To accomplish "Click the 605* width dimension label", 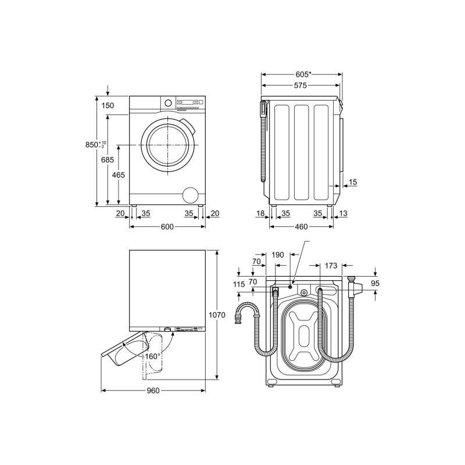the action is coord(303,74).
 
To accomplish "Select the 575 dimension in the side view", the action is coord(301,85).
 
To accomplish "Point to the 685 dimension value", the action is coord(108,160).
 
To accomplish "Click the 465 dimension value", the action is coord(119,175).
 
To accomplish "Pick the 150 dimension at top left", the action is coord(108,106).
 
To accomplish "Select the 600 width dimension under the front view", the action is coord(167,227).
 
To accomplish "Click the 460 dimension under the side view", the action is coord(301,227).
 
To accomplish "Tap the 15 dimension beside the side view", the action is coord(353,182).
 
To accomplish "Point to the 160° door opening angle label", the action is coord(153,356).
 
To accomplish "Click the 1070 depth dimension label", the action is coord(217,314).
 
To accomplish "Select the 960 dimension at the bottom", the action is coord(153,391).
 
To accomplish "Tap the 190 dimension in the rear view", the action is coord(278,255).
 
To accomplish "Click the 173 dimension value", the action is coord(331,266).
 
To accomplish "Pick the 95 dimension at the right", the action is coord(375,283).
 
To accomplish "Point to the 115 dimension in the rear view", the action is coord(239,284).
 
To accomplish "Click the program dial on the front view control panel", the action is coord(168,103).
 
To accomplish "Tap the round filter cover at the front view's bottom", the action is coord(190,195).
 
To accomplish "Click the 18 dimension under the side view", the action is coord(260,213).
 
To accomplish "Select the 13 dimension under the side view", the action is coord(343,213).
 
